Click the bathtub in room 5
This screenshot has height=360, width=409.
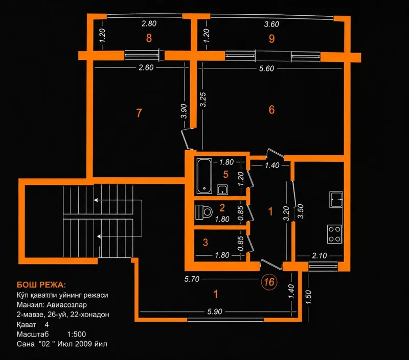pyautogui.click(x=204, y=176)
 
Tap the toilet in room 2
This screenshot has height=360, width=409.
pyautogui.click(x=204, y=212)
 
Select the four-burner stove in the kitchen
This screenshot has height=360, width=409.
pyautogui.click(x=334, y=234)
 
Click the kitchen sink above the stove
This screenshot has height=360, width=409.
pyautogui.click(x=336, y=199)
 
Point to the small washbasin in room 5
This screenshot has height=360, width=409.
pyautogui.click(x=222, y=189)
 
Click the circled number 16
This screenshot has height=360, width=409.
pyautogui.click(x=269, y=281)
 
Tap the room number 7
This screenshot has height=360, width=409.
pyautogui.click(x=139, y=113)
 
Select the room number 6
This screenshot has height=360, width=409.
pyautogui.click(x=271, y=110)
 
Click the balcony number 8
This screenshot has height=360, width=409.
pyautogui.click(x=149, y=38)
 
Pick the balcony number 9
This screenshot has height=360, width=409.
pyautogui.click(x=272, y=38)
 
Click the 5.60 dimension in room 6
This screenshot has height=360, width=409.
pyautogui.click(x=266, y=68)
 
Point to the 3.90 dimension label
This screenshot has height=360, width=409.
pyautogui.click(x=184, y=111)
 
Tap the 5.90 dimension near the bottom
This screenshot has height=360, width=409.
pyautogui.click(x=215, y=311)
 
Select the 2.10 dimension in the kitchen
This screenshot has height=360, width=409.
pyautogui.click(x=320, y=256)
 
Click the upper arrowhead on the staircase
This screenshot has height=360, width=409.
pyautogui.click(x=96, y=200)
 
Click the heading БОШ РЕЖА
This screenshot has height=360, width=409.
pyautogui.click(x=41, y=285)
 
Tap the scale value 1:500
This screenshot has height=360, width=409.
pyautogui.click(x=76, y=334)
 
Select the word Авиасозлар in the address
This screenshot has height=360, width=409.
pyautogui.click(x=66, y=305)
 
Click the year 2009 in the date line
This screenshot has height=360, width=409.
pyautogui.click(x=83, y=344)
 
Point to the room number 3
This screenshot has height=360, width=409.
pyautogui.click(x=206, y=242)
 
